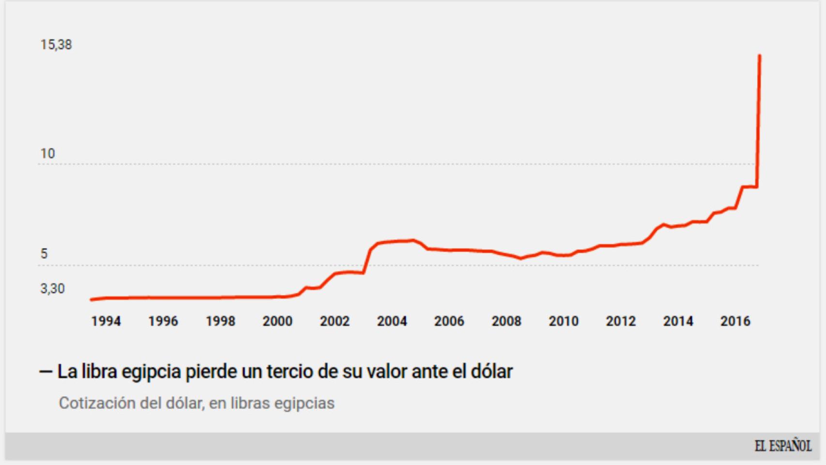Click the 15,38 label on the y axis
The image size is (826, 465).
click(x=56, y=45)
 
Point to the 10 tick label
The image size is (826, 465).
click(x=47, y=154)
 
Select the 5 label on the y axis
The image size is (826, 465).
click(x=44, y=254)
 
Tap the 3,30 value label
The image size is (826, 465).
click(x=52, y=289)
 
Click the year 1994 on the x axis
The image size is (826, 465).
click(x=106, y=321)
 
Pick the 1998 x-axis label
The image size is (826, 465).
click(x=220, y=321)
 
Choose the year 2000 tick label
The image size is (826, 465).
click(x=277, y=321)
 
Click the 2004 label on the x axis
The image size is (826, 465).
click(x=392, y=321)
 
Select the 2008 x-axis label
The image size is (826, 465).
click(x=506, y=321)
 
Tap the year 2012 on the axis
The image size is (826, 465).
click(x=621, y=321)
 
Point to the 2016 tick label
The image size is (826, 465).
click(x=735, y=321)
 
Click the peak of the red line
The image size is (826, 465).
click(x=760, y=56)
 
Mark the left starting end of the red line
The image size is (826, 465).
click(x=92, y=300)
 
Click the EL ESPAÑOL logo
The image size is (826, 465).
click(x=783, y=446)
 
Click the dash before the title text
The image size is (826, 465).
click(x=46, y=372)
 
